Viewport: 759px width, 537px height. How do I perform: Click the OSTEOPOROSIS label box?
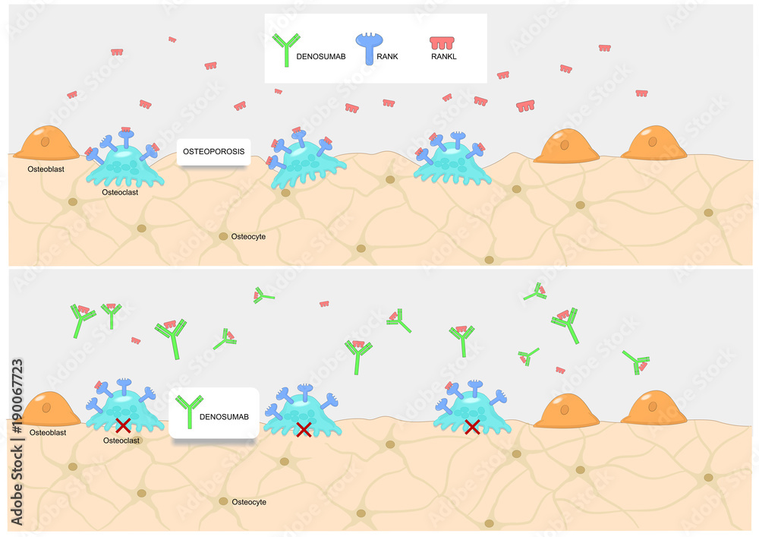pyautogui.click(x=214, y=151)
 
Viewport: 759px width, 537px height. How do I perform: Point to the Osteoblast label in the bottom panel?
pyautogui.click(x=47, y=432)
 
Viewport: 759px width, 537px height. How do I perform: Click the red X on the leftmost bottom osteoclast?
pyautogui.click(x=121, y=425)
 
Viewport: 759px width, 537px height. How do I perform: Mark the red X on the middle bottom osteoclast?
pyautogui.click(x=303, y=431)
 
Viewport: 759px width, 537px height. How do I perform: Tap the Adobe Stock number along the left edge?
pyautogui.click(x=16, y=441)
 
